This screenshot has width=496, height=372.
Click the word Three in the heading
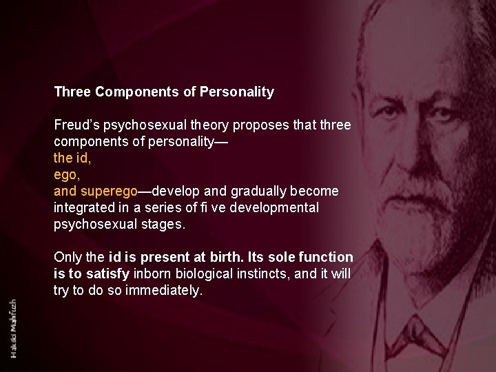click(x=72, y=92)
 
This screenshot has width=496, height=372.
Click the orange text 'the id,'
click(x=72, y=158)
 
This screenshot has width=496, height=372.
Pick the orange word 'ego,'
click(x=66, y=174)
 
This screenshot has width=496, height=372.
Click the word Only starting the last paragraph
click(x=68, y=257)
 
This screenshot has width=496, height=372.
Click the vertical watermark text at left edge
click(x=14, y=328)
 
